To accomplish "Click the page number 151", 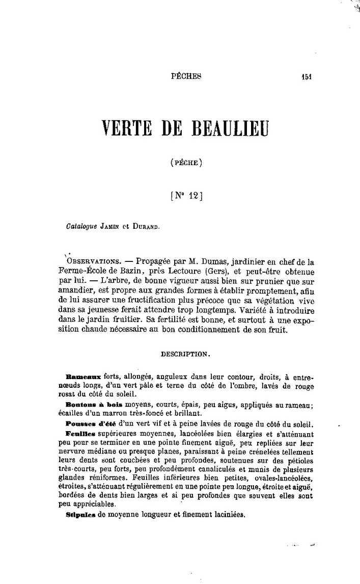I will point(306,77).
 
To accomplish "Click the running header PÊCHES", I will point(187,76).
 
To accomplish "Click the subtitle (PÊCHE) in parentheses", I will point(186,164).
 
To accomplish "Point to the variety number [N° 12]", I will point(186,196).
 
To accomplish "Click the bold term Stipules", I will point(81,515).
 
